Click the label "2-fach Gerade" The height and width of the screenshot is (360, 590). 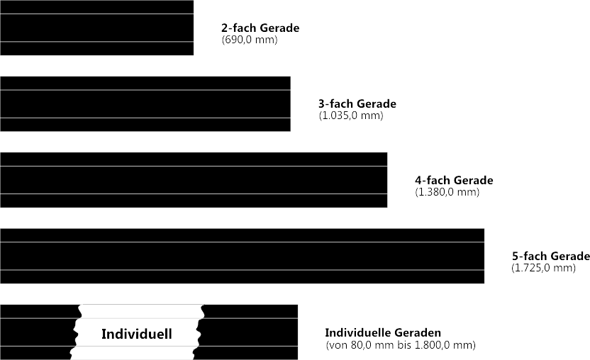coord(260,28)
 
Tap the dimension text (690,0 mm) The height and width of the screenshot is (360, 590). coord(250,40)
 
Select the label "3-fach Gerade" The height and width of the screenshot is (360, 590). coord(357,104)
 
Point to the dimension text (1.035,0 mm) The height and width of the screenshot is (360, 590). coord(351,116)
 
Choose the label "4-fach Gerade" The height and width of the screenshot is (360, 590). coord(454,180)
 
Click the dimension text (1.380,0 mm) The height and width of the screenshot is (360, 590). coord(447,192)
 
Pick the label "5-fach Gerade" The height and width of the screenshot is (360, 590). coord(551,256)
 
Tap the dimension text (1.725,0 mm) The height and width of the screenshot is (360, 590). coord(544,268)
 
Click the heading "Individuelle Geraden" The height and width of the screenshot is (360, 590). coord(383,333)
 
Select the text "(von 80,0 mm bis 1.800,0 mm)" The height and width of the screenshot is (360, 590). coord(401,345)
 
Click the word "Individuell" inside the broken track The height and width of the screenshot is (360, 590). coord(137,334)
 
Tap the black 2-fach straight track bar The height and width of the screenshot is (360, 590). coord(96,28)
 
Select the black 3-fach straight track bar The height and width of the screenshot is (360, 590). coord(145,104)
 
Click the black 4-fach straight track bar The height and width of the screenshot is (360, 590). coord(194,180)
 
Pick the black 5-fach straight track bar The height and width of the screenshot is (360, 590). coord(242,256)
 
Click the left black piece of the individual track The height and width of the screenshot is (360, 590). coord(38,332)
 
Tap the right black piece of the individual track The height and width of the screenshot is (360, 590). coord(248,332)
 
